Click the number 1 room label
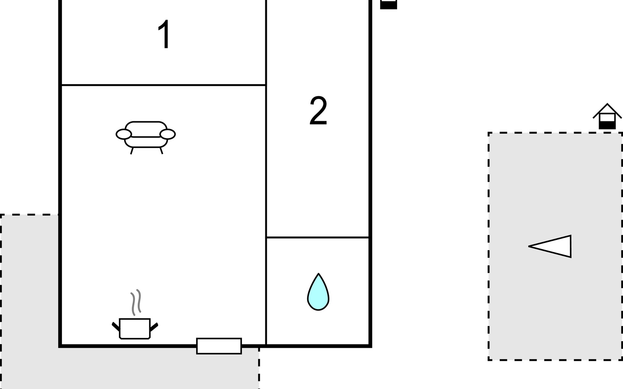pyautogui.click(x=165, y=34)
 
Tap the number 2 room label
pyautogui.click(x=318, y=111)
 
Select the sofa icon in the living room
pyautogui.click(x=146, y=135)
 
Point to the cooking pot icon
pyautogui.click(x=135, y=328)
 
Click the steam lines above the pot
pyautogui.click(x=136, y=302)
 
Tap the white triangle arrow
pyautogui.click(x=553, y=246)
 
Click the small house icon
pyautogui.click(x=607, y=117)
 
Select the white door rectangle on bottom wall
pyautogui.click(x=219, y=346)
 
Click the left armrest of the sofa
pyautogui.click(x=124, y=134)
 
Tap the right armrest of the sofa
pyautogui.click(x=168, y=134)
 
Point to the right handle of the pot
pyautogui.click(x=154, y=326)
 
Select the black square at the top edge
pyautogui.click(x=388, y=5)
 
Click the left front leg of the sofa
pyautogui.click(x=132, y=151)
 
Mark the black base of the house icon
pyautogui.click(x=607, y=125)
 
